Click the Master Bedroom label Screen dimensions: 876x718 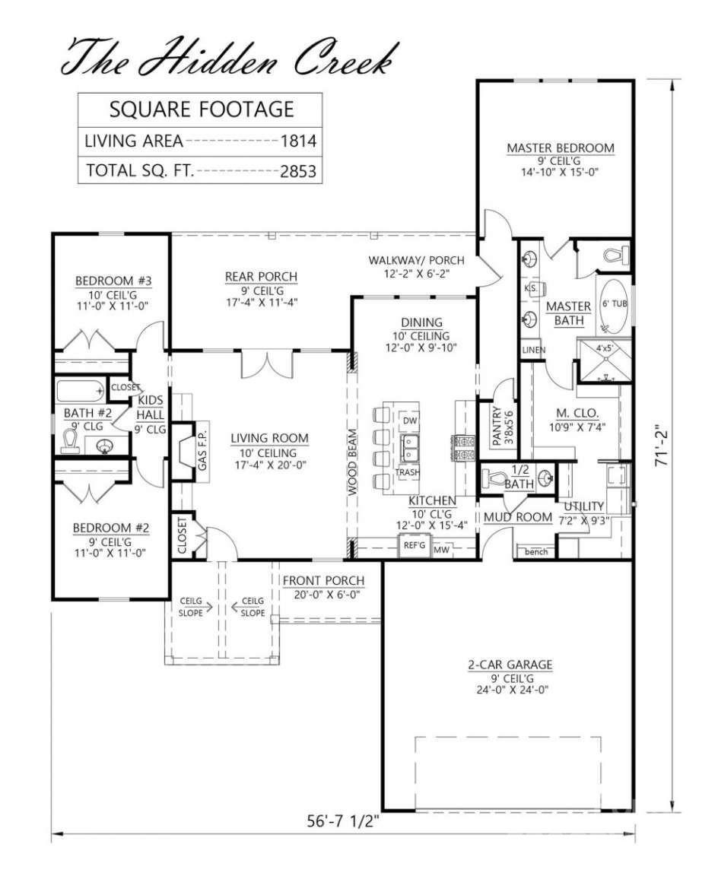click(560, 148)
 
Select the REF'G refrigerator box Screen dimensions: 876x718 click(414, 546)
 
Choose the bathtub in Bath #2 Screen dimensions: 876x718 click(82, 392)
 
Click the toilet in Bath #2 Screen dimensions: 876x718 click(70, 441)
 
